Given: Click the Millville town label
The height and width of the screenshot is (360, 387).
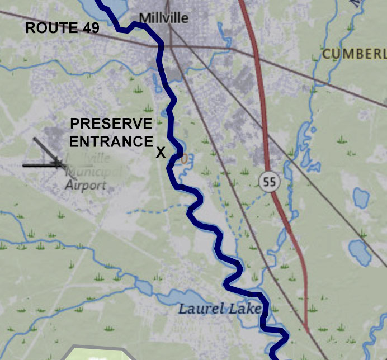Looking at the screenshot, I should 163,18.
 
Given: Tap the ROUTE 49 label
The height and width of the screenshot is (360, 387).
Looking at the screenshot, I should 62,29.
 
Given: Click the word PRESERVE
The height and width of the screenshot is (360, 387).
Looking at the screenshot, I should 111,124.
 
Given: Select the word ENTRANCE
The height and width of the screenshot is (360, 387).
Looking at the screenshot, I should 111,141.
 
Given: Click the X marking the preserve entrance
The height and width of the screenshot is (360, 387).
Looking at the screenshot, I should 161,153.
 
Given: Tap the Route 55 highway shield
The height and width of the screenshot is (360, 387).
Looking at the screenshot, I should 270,181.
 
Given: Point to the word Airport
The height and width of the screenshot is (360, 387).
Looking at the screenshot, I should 86,185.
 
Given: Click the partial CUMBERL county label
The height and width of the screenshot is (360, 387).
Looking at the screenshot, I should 354,54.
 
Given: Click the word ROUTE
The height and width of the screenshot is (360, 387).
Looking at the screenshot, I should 50,29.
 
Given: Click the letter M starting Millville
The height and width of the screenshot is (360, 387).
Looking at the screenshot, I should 144,18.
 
